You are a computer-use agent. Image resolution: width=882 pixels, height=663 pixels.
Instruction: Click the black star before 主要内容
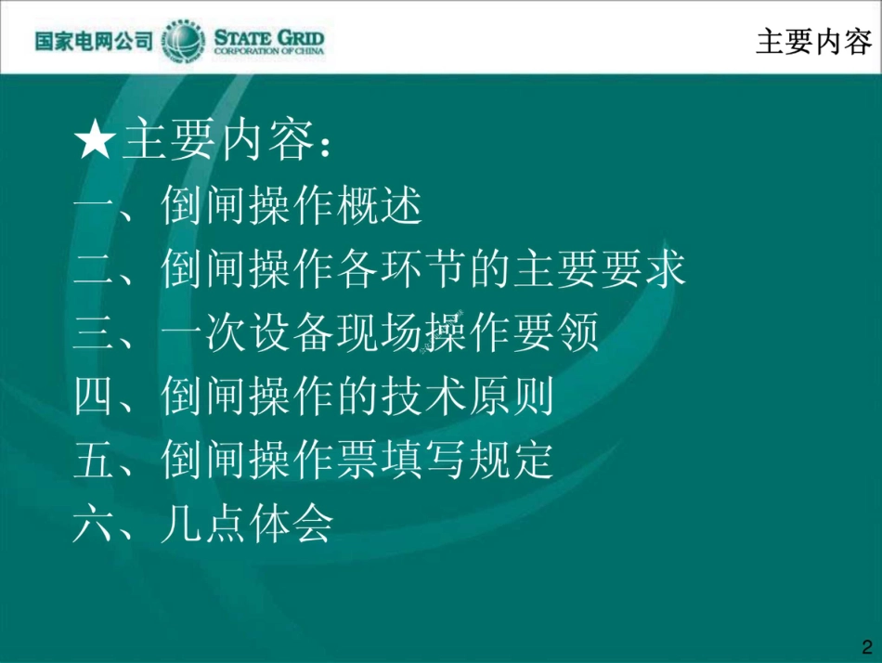tap(95, 142)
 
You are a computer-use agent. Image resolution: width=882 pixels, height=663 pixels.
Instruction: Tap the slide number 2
tap(867, 646)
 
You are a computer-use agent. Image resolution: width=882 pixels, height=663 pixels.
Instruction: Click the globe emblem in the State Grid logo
tap(183, 41)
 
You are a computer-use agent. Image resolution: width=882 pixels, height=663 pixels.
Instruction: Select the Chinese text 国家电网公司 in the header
tap(93, 42)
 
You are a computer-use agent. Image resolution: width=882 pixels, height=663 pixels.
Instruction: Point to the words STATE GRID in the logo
tap(269, 36)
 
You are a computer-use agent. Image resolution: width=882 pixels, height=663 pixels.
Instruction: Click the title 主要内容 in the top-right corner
tap(813, 42)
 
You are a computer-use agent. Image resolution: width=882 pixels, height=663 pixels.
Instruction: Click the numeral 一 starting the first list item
tap(93, 207)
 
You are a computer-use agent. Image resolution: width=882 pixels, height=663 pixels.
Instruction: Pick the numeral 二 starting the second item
tap(93, 270)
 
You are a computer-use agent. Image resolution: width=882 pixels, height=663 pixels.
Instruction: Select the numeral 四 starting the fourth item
tap(93, 397)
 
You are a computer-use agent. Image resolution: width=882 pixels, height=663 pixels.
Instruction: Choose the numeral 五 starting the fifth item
tap(93, 461)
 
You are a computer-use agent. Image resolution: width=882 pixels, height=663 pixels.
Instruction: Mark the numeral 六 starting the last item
tap(93, 525)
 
